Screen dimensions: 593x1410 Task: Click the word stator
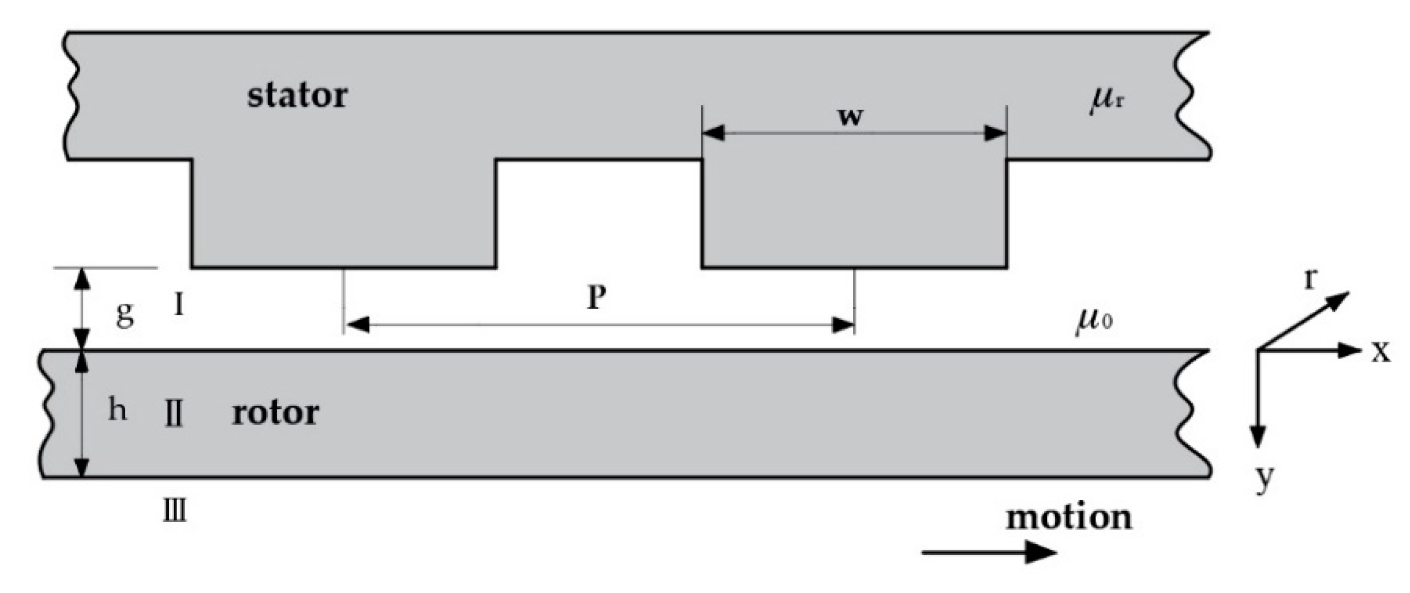tap(297, 95)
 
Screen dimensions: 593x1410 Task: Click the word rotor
tap(275, 413)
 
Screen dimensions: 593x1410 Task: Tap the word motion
tap(1069, 517)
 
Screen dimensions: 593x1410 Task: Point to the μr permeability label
tap(1106, 102)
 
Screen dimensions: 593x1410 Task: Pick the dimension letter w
tap(850, 117)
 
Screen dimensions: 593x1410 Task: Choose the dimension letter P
tap(597, 298)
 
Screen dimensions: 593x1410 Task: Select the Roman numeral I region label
tap(179, 304)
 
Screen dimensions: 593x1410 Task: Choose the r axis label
tap(1311, 279)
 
